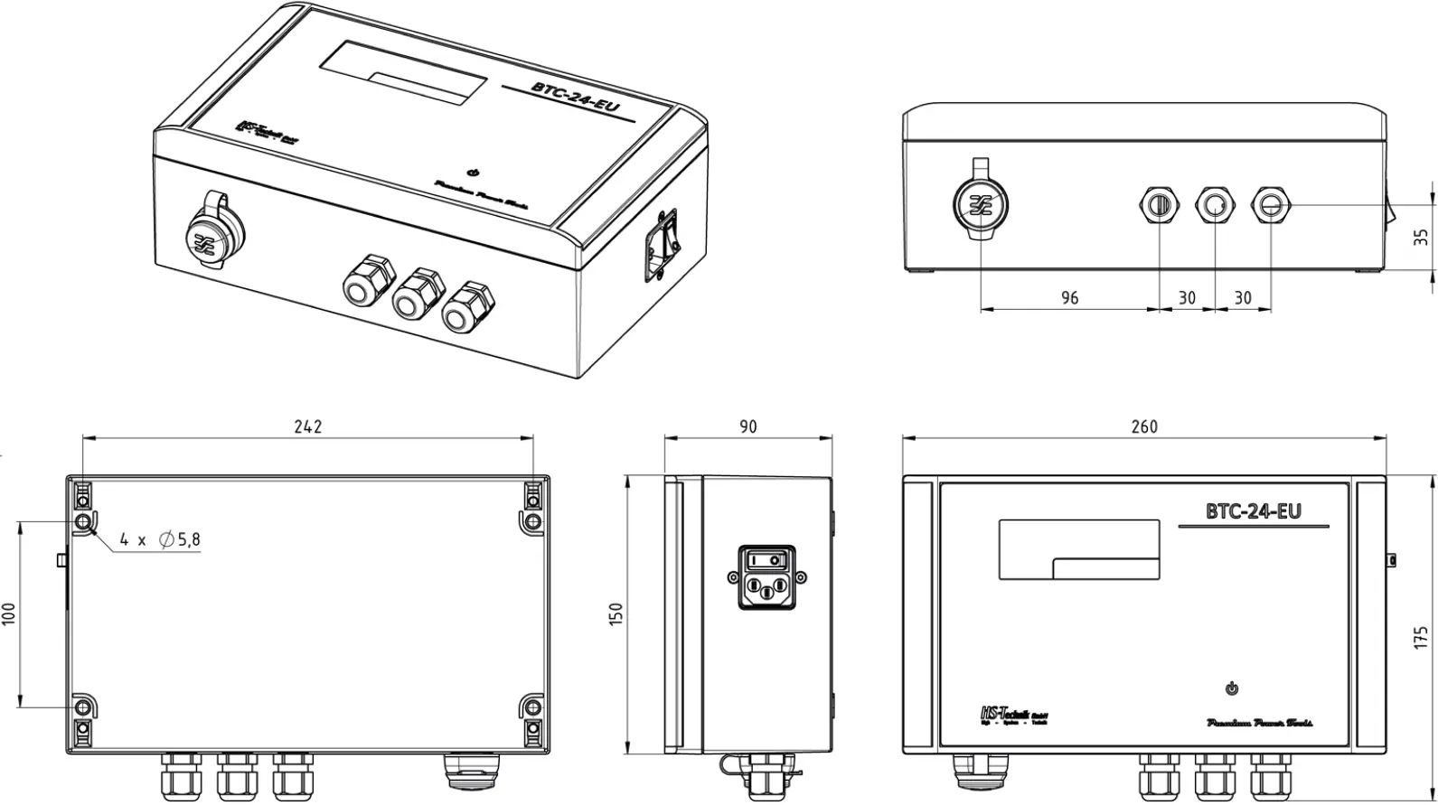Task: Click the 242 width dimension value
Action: point(307,426)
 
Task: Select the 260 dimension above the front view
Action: point(1143,426)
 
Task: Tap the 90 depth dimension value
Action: point(747,426)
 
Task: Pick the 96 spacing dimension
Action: point(1069,298)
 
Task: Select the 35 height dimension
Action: point(1421,237)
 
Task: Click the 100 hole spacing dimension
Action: point(10,614)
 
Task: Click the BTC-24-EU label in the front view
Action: point(1253,511)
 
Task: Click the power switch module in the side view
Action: point(767,576)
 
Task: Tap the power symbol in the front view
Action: point(1231,689)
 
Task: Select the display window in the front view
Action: point(1078,548)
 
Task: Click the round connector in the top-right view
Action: point(981,203)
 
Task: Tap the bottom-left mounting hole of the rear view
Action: point(82,707)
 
